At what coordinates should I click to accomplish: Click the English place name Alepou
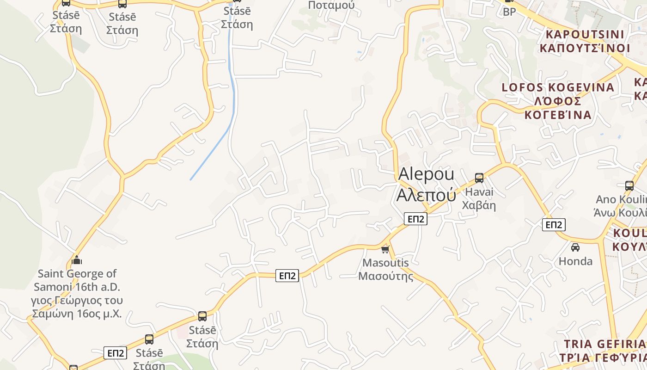click(x=426, y=174)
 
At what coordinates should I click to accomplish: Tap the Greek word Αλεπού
click(x=426, y=195)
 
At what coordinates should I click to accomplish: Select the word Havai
click(x=479, y=191)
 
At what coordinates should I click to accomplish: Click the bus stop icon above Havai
click(x=479, y=178)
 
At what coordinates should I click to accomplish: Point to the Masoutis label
click(x=385, y=263)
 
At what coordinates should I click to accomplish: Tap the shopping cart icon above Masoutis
click(x=385, y=250)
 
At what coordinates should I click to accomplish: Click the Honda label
click(x=575, y=261)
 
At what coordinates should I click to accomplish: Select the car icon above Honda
click(x=575, y=247)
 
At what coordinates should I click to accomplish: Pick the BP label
click(x=509, y=12)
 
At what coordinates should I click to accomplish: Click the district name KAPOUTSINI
click(x=585, y=34)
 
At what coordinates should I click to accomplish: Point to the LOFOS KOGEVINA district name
click(x=558, y=87)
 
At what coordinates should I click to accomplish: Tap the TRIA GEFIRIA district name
click(x=604, y=344)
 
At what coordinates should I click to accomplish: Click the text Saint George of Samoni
click(x=77, y=280)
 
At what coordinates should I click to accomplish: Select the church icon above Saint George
click(x=77, y=260)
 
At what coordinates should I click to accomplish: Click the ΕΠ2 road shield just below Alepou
click(x=415, y=219)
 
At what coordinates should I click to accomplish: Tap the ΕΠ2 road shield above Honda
click(x=553, y=225)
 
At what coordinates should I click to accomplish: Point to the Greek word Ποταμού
click(x=331, y=5)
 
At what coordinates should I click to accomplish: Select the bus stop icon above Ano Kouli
click(x=629, y=186)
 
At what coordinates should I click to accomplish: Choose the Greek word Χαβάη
click(x=479, y=205)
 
